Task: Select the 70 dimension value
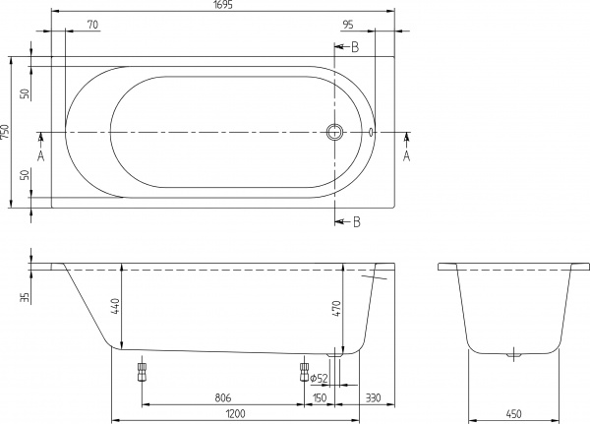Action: click(91, 24)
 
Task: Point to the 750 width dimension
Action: click(7, 133)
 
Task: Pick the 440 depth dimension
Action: click(115, 307)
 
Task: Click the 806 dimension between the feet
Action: click(222, 397)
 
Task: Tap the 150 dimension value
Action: click(319, 397)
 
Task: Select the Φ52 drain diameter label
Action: click(318, 378)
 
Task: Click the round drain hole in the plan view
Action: click(335, 133)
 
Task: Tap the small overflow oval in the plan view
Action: click(372, 133)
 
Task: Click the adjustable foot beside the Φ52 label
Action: click(302, 371)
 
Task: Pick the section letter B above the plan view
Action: click(355, 47)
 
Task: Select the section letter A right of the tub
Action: click(406, 154)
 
